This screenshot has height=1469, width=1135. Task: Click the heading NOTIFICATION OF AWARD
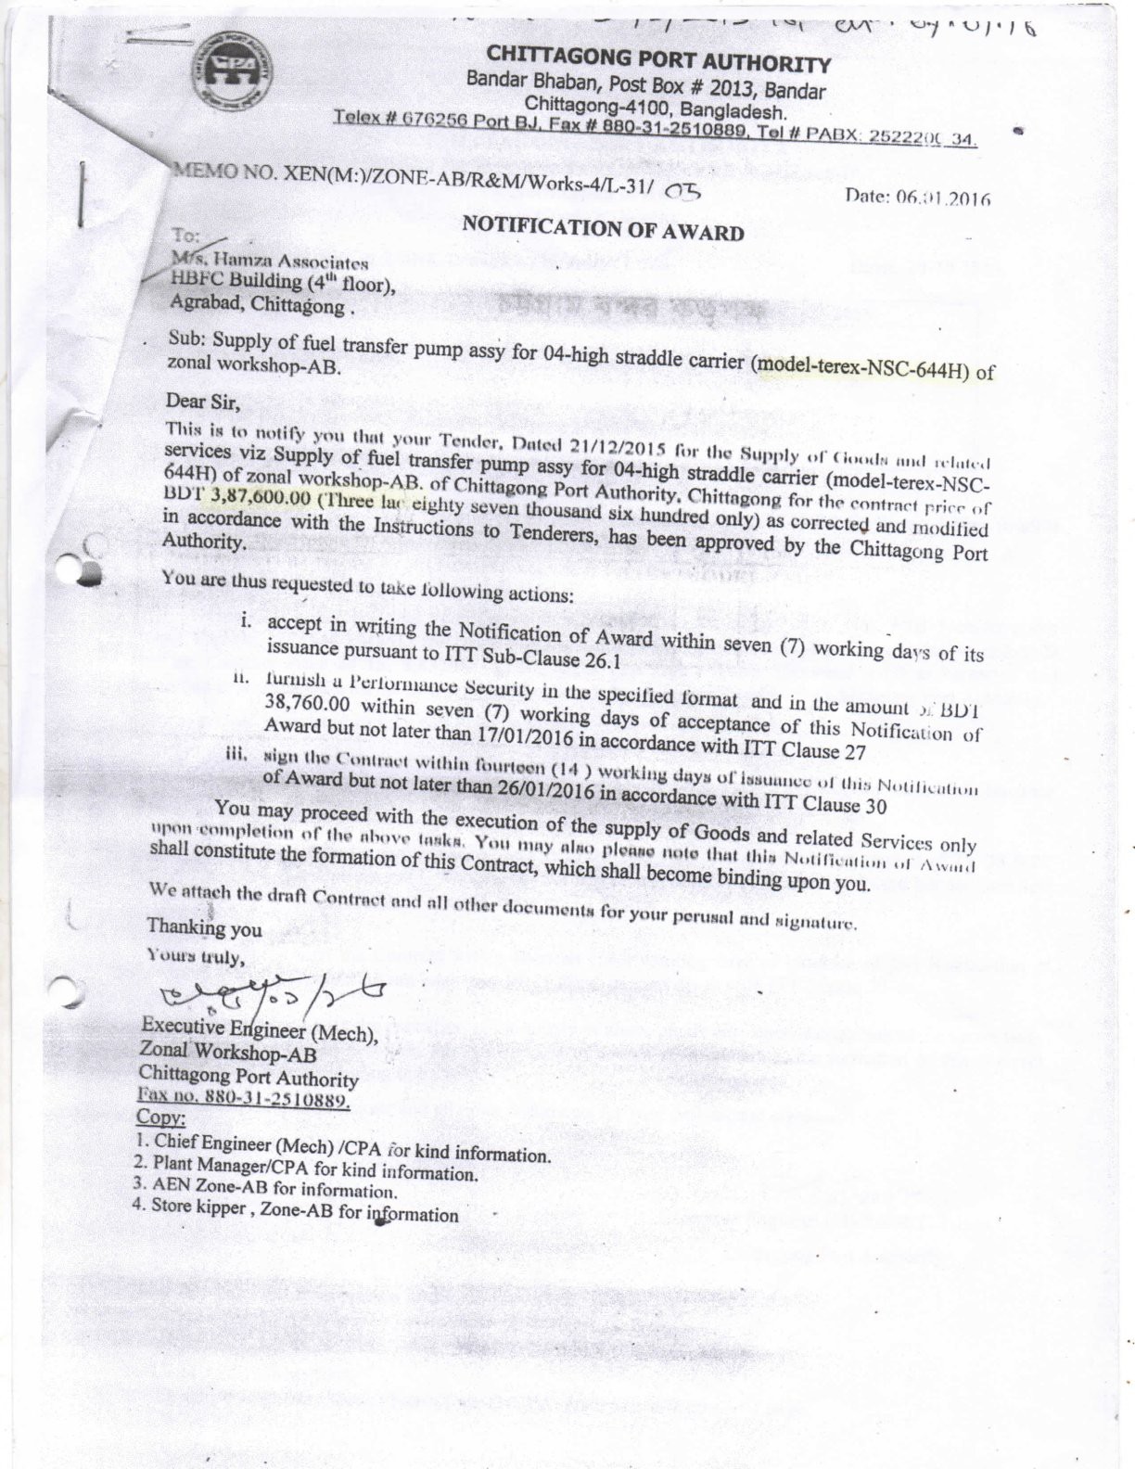click(x=603, y=227)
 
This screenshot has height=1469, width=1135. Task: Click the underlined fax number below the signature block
click(x=243, y=1099)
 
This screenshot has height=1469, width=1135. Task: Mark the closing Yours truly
click(x=195, y=956)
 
